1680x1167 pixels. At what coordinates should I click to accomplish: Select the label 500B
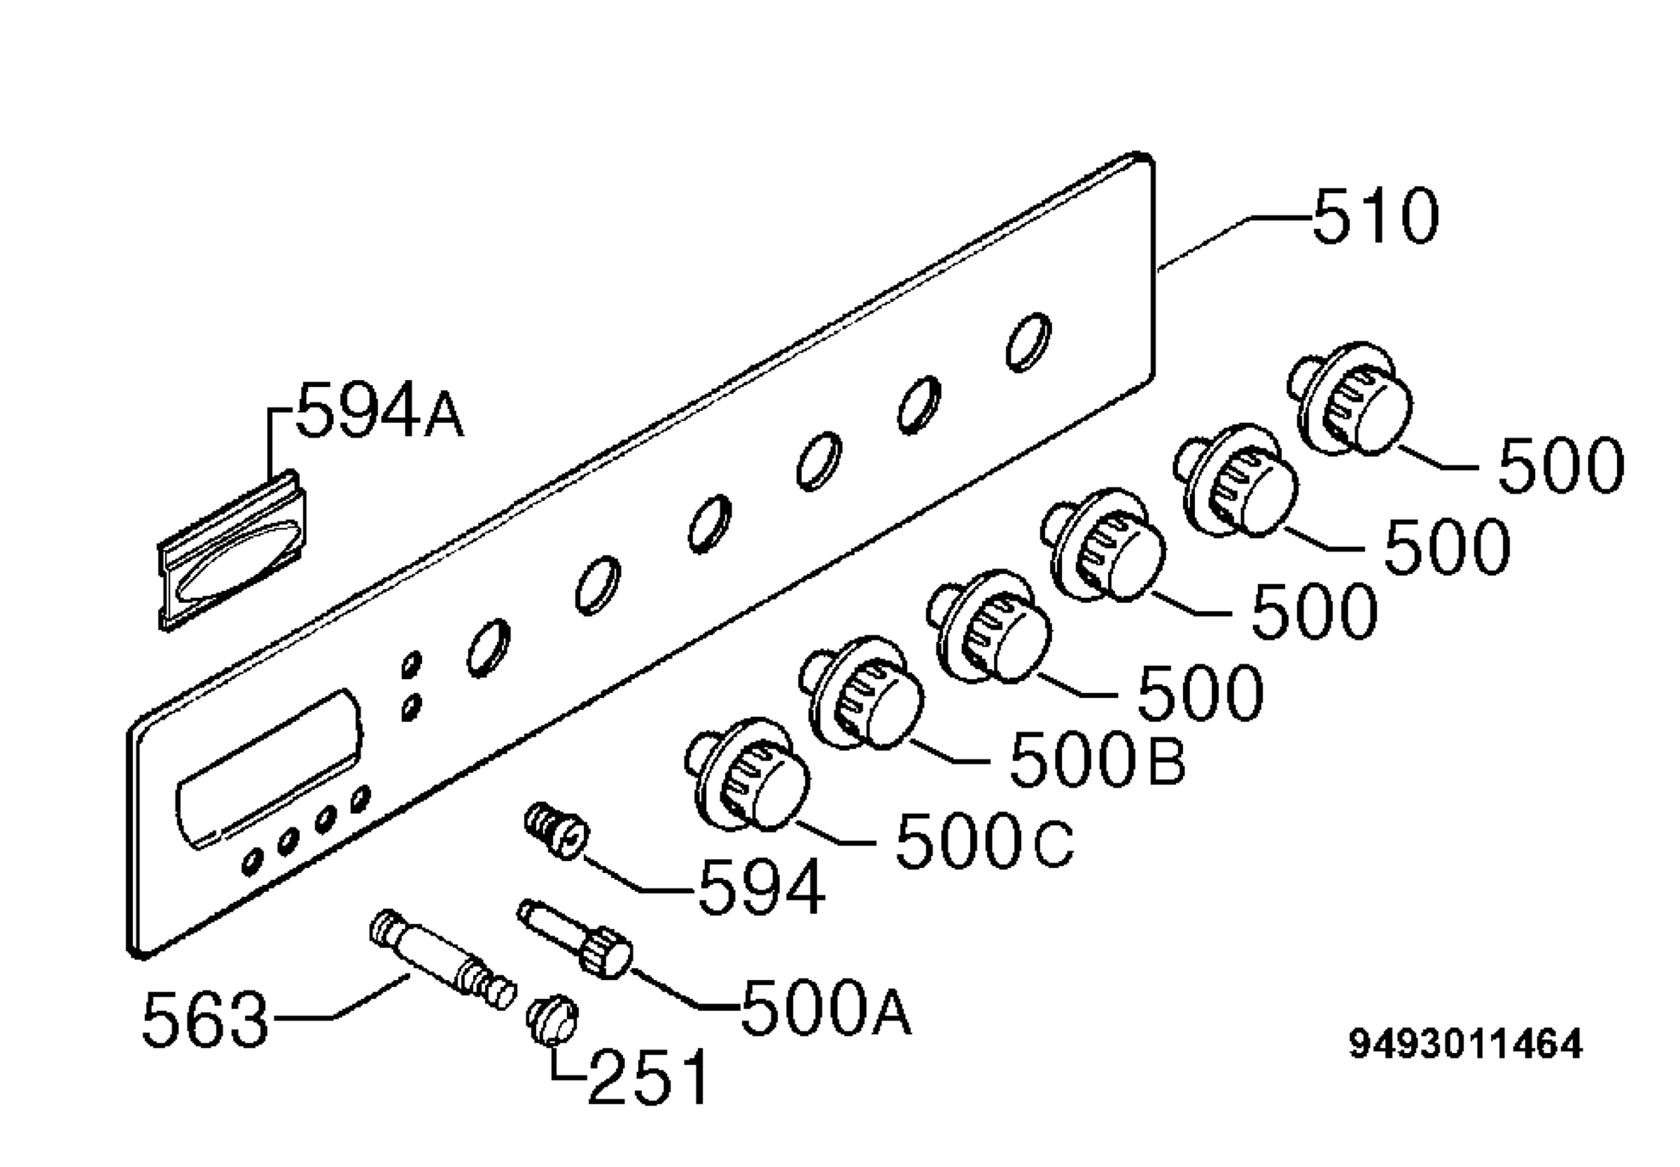1098,758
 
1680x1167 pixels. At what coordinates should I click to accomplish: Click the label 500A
827,1007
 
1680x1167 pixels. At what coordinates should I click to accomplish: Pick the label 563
205,1019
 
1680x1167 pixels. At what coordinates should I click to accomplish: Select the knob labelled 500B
862,692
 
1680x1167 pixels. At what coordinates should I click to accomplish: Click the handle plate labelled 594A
232,549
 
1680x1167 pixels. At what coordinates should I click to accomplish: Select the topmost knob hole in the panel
1028,342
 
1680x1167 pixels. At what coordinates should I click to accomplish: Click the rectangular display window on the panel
269,769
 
